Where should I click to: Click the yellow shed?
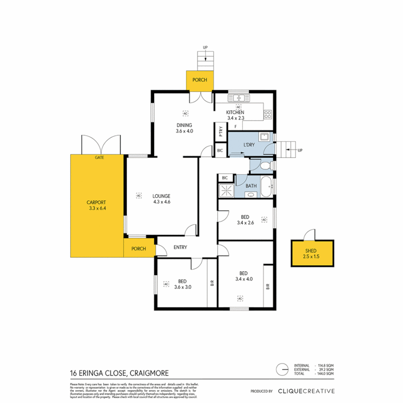click(312, 254)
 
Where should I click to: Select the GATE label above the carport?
click(99, 158)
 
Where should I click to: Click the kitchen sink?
click(239, 98)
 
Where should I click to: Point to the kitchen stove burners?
click(268, 115)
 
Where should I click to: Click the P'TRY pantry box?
click(220, 132)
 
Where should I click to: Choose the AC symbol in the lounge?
click(138, 195)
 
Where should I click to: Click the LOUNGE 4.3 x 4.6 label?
click(161, 199)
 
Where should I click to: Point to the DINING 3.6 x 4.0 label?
click(184, 128)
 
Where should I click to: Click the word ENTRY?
click(180, 247)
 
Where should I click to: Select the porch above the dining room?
click(199, 80)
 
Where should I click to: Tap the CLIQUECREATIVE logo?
click(306, 391)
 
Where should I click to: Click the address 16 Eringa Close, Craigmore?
click(119, 373)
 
